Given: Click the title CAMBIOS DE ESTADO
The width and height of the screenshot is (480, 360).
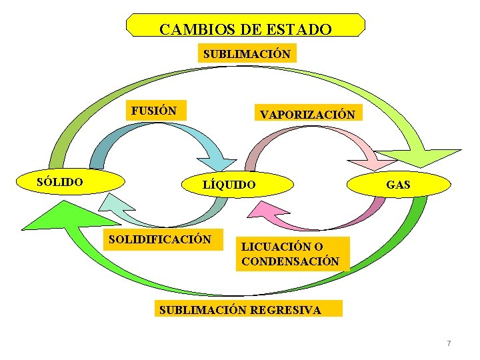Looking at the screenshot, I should (x=245, y=29).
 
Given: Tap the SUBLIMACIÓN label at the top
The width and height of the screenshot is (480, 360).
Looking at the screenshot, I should (x=247, y=54).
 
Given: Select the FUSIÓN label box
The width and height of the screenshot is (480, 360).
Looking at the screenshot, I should (x=154, y=111).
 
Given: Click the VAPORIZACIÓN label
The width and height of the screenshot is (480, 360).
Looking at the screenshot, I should (x=307, y=114).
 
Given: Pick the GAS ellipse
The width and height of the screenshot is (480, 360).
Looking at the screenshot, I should (x=398, y=185).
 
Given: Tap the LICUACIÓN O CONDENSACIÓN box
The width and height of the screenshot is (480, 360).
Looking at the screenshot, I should (x=291, y=255).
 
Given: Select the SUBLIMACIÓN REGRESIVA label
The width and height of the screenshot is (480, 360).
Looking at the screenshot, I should (x=248, y=309).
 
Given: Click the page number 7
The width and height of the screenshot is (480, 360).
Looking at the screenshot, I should (x=449, y=343).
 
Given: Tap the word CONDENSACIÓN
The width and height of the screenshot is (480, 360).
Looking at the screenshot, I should (x=291, y=261).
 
